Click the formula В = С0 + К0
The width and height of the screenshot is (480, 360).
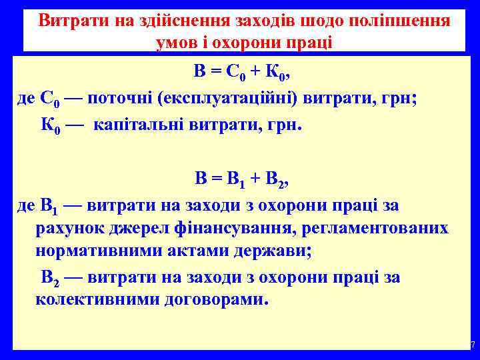(x=243, y=72)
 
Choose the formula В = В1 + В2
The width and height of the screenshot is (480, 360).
(x=243, y=179)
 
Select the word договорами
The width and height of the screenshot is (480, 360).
(x=213, y=299)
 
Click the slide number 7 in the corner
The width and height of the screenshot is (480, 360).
(x=473, y=345)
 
